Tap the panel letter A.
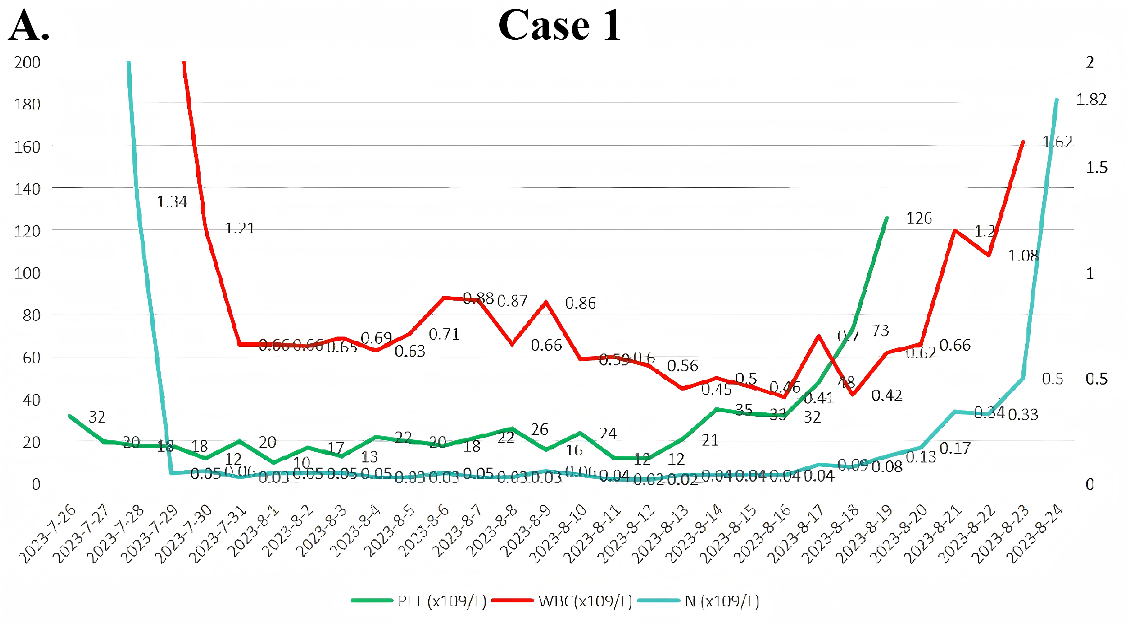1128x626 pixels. [29, 26]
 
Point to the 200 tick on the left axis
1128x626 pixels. [27, 62]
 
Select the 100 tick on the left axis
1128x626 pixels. [27, 273]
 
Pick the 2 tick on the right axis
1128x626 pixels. [1090, 62]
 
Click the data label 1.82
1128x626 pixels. [1091, 100]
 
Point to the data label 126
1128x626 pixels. [919, 218]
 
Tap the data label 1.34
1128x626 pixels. [172, 202]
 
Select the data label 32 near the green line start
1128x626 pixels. [97, 417]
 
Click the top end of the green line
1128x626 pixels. [887, 217]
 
